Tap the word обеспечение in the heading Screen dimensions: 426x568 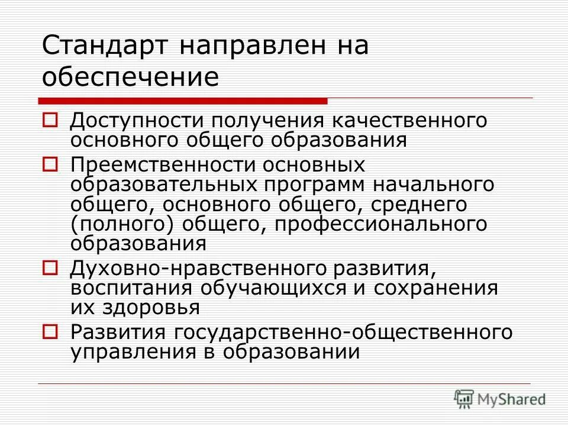[x=130, y=78]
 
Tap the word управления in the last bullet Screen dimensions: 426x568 [x=128, y=351]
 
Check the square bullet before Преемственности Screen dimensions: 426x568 [x=51, y=163]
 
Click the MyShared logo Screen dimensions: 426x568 [x=499, y=399]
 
